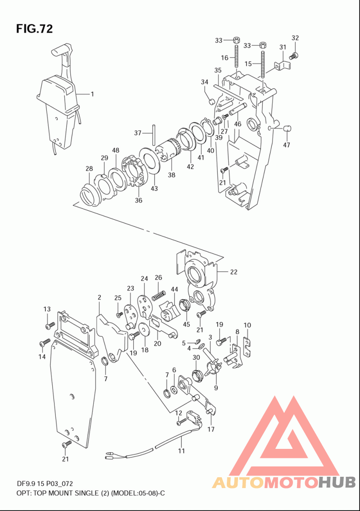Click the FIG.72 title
34,29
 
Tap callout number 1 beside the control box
92,94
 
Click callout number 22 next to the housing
234,272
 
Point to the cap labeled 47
286,128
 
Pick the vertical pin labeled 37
153,134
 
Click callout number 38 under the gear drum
171,175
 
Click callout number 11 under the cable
181,451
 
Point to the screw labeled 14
44,342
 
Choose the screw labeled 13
50,325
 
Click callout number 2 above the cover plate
99,297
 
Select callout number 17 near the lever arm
211,429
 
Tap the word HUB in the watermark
337,482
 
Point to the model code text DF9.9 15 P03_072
45,484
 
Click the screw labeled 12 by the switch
181,422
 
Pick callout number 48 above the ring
116,150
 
